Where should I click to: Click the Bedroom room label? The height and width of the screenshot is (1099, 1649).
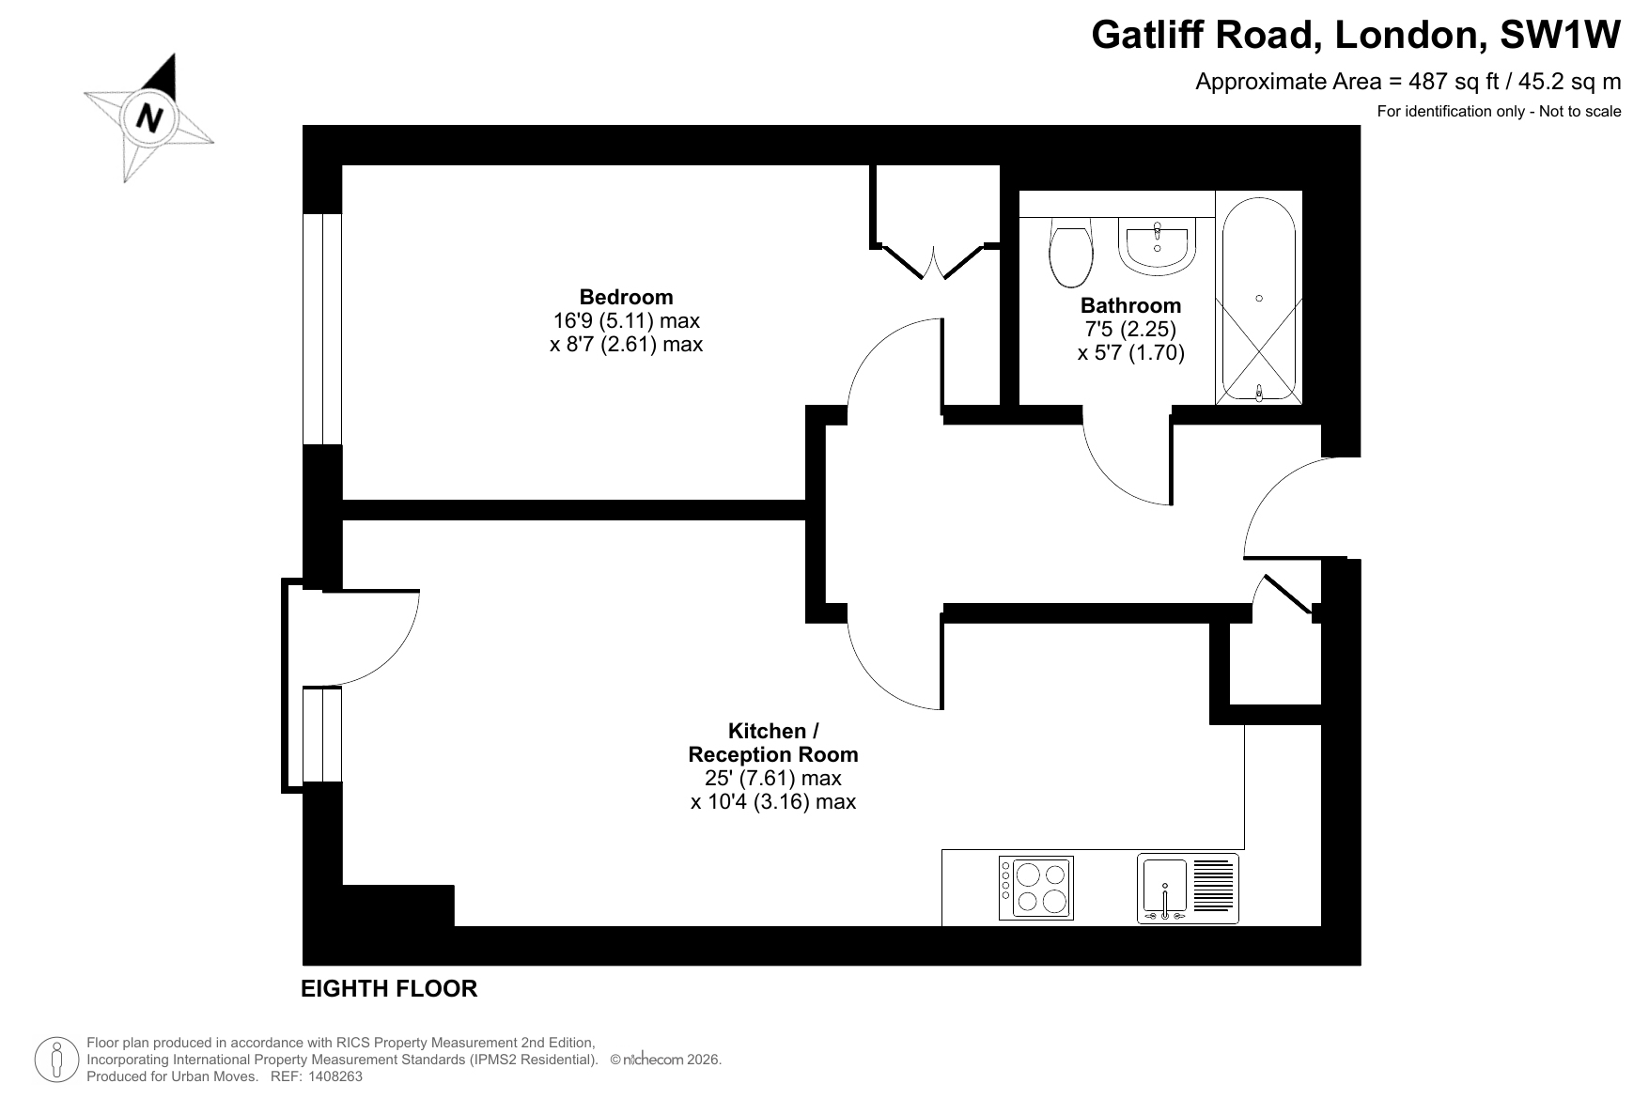click(626, 297)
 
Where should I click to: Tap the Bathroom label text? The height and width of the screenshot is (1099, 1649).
click(1130, 305)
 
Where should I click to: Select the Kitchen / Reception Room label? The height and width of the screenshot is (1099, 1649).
click(773, 742)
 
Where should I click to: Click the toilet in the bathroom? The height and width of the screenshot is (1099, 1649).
click(1071, 252)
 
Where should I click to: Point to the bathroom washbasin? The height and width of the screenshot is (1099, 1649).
click(1157, 246)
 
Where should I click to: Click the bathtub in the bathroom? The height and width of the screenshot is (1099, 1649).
click(1259, 297)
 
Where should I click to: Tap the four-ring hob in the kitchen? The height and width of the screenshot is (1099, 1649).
click(1035, 887)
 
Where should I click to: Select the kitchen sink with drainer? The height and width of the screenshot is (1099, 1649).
click(1188, 887)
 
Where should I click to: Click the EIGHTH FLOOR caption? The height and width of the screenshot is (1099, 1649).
click(389, 988)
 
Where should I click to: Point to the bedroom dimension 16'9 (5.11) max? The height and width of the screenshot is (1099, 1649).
click(627, 320)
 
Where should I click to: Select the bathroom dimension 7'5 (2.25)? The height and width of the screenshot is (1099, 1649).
click(1130, 330)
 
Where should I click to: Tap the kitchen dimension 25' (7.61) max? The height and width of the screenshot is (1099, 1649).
click(773, 779)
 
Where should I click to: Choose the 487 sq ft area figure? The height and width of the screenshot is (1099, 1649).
click(1442, 82)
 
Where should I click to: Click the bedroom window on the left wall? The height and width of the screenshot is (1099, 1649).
click(322, 329)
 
